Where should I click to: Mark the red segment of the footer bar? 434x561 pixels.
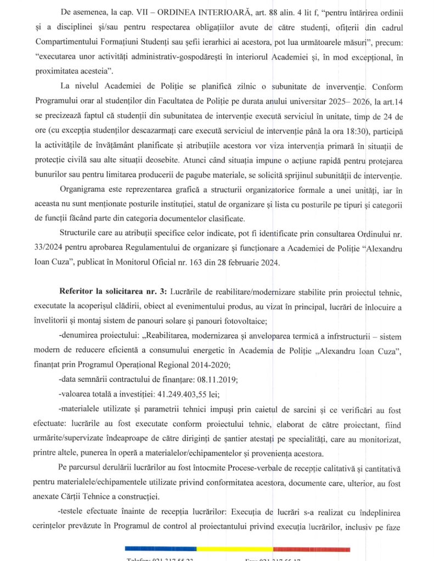310,547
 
